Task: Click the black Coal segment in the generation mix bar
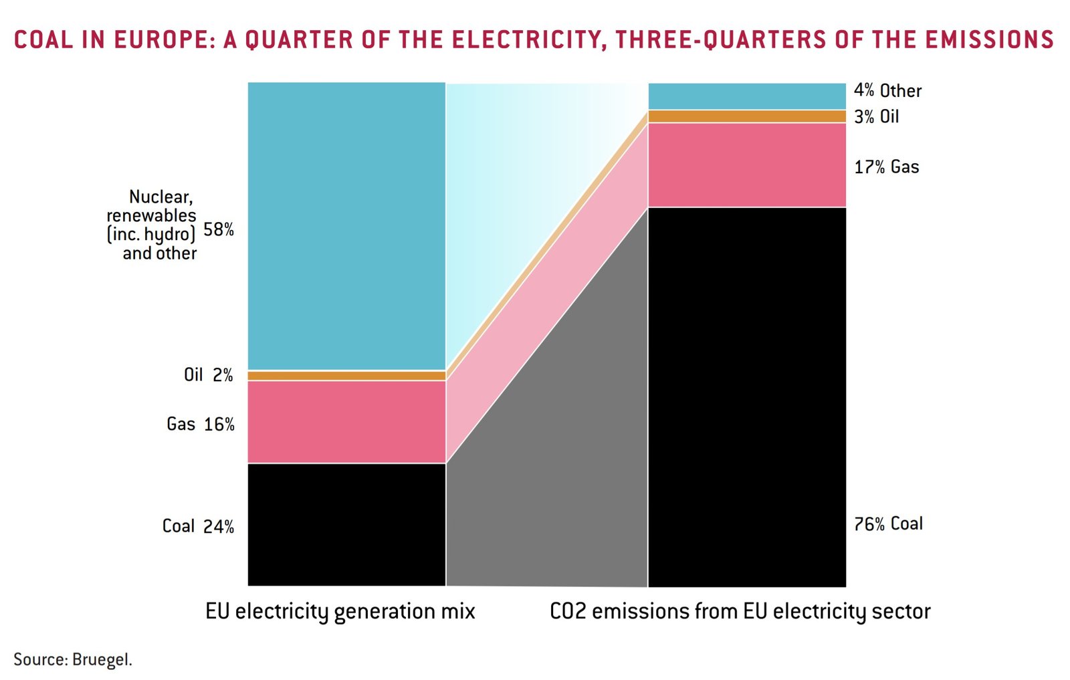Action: pos(346,524)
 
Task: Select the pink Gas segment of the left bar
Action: pos(346,421)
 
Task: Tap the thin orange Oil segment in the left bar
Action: pos(346,376)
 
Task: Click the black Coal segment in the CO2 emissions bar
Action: pos(747,397)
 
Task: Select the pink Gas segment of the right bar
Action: pos(747,164)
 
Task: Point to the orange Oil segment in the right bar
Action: pos(747,116)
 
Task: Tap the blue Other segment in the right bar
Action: pos(747,96)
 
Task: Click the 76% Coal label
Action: pos(888,524)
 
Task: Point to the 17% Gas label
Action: pos(886,166)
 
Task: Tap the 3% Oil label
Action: pos(876,116)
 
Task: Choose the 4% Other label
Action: pos(887,90)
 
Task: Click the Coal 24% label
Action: pos(198,526)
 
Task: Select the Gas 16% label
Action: pos(200,424)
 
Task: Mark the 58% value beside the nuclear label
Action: pos(219,229)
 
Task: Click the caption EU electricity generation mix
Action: pos(340,611)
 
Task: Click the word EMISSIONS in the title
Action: pos(989,39)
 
